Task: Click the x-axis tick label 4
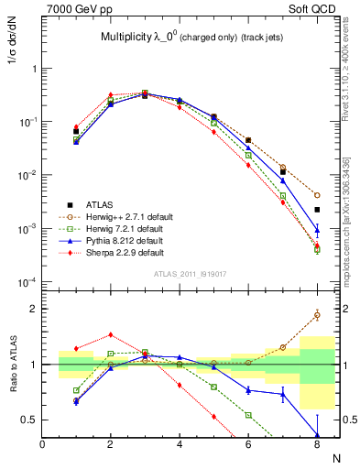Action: tap(180, 444)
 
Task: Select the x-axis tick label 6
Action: tap(248, 444)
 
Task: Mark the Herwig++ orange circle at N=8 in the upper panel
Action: tap(317, 195)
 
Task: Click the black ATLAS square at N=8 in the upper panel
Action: tap(317, 210)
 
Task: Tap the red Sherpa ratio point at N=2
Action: tap(111, 334)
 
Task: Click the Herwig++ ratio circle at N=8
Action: tap(317, 315)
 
